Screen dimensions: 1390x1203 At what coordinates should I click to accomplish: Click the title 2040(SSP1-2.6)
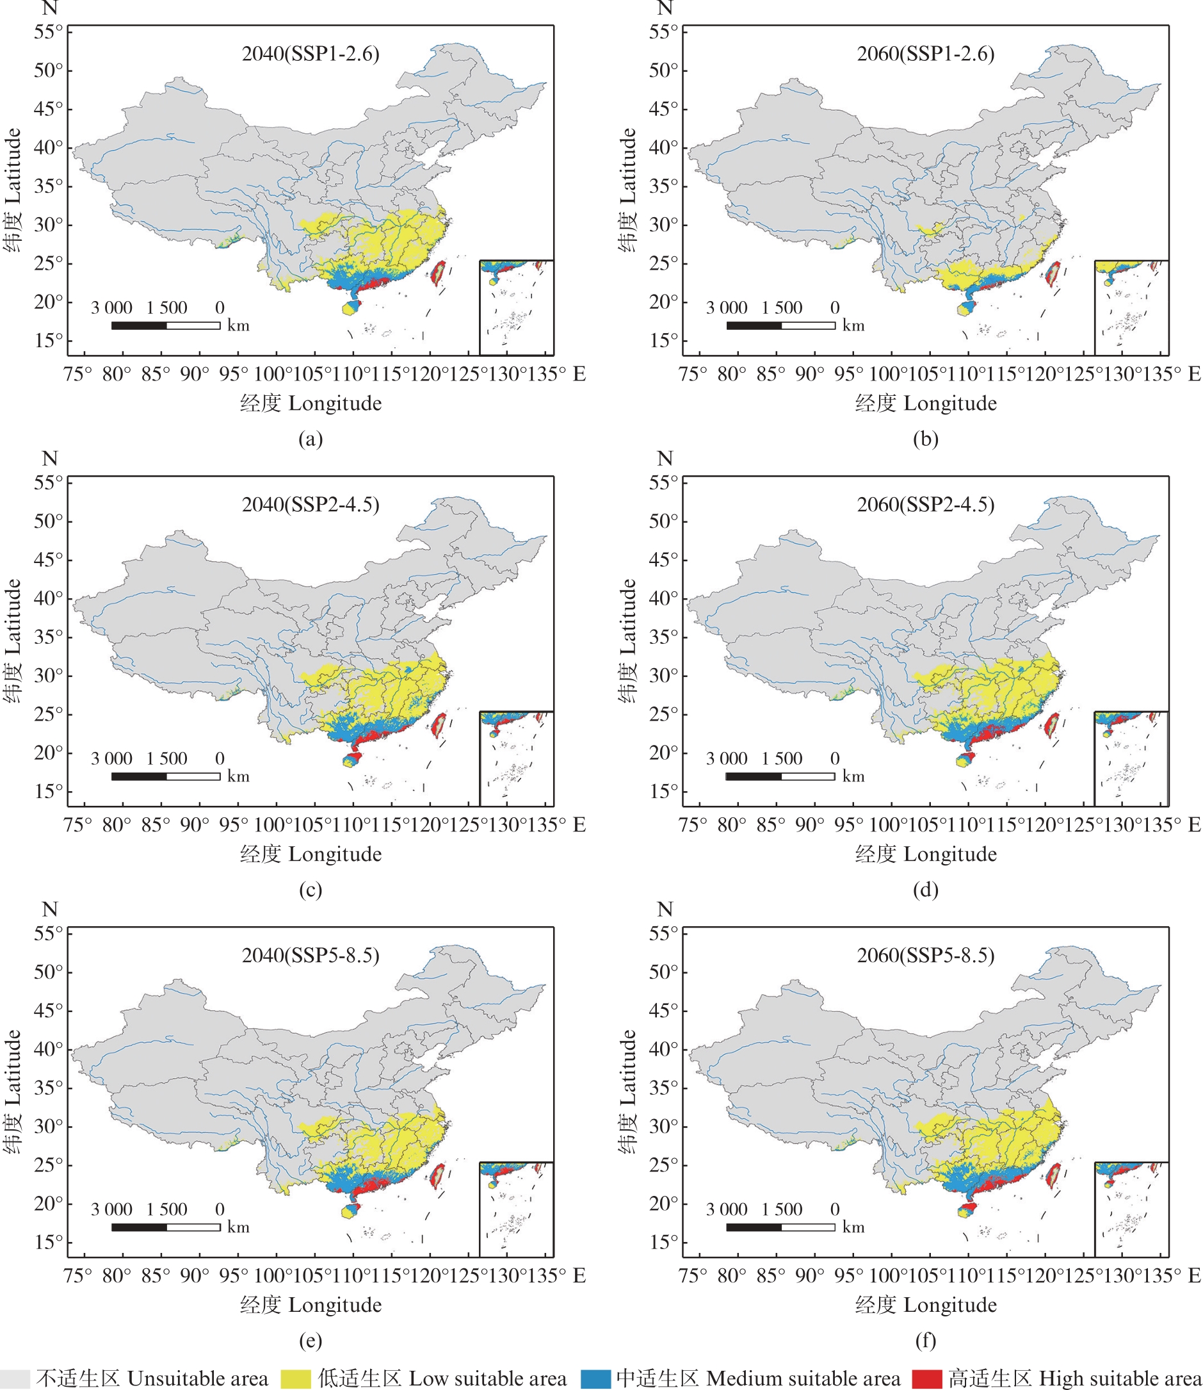coord(310,54)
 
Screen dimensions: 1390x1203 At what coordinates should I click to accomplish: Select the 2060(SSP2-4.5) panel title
coord(925,504)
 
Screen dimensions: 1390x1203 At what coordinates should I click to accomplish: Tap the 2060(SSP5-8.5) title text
coord(925,955)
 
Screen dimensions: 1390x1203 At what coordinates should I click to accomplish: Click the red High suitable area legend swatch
coord(927,1378)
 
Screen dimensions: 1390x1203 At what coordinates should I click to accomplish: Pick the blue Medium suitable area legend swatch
coord(595,1378)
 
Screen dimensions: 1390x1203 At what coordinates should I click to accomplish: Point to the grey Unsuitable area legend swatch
coord(15,1378)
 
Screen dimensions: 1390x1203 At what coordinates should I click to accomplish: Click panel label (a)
coord(310,439)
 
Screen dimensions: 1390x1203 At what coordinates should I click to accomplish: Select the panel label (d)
coord(925,890)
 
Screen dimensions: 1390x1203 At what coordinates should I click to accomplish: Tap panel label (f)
coord(925,1340)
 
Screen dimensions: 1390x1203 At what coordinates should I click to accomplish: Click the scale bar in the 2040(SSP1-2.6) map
coord(166,325)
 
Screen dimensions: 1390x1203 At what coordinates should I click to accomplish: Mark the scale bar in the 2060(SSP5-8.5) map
coord(780,1227)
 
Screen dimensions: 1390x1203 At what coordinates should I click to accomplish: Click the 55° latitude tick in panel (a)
coord(48,31)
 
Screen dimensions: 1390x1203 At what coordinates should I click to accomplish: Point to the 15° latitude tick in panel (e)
coord(48,1241)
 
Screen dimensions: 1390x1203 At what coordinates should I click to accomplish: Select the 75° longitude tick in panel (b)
coord(693,374)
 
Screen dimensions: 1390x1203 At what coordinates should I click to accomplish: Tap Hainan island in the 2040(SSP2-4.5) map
coord(351,760)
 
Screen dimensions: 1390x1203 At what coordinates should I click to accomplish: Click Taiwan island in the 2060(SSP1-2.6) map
coord(1053,274)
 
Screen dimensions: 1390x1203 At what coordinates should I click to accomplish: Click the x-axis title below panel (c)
coord(310,854)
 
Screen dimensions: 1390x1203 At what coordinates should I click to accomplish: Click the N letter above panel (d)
coord(665,459)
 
